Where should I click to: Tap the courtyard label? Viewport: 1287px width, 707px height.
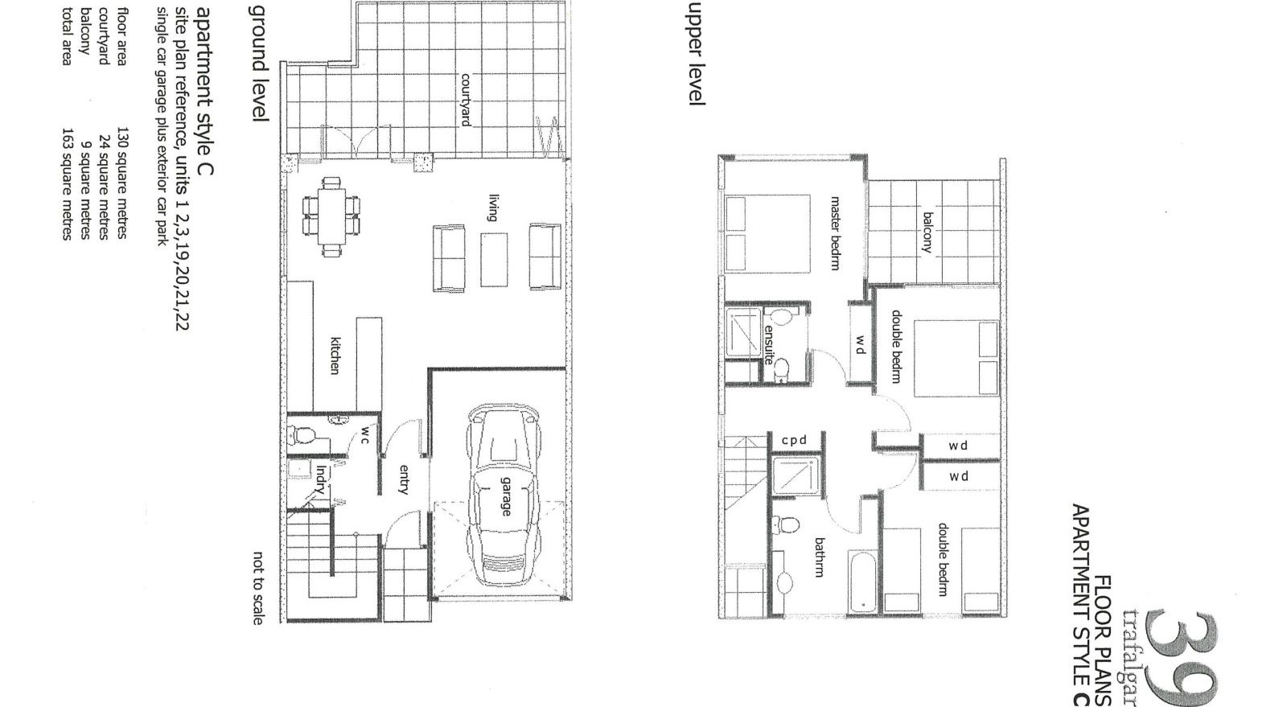click(x=465, y=101)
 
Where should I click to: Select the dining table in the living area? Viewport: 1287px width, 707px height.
click(x=331, y=218)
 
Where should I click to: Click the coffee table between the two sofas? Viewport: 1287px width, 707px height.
click(x=494, y=259)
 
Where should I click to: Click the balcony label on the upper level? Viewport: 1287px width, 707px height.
click(x=927, y=232)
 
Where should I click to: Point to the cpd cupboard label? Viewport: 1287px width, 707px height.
click(x=794, y=441)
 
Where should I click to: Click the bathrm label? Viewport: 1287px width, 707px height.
click(x=819, y=557)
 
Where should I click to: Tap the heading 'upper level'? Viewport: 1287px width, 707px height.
click(x=697, y=53)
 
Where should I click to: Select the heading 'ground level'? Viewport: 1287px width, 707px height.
click(x=259, y=63)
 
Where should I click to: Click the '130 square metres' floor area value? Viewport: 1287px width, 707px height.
click(x=122, y=183)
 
